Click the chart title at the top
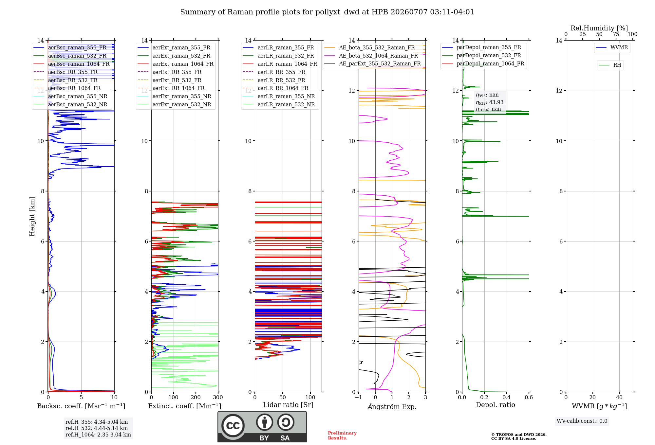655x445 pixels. click(327, 12)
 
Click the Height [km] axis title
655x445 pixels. click(32, 216)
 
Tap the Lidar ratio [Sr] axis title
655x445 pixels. click(288, 405)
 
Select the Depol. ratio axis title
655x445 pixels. click(496, 405)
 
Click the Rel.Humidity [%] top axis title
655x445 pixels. click(599, 28)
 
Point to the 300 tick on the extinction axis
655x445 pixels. click(218, 397)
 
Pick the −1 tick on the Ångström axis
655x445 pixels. click(359, 397)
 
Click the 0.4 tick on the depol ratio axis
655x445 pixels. click(507, 397)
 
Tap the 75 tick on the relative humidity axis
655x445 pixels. click(616, 34)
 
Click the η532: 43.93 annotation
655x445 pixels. click(490, 102)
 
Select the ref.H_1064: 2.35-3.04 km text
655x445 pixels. click(98, 435)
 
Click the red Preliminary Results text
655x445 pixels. click(342, 436)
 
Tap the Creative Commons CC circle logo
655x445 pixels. click(233, 425)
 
